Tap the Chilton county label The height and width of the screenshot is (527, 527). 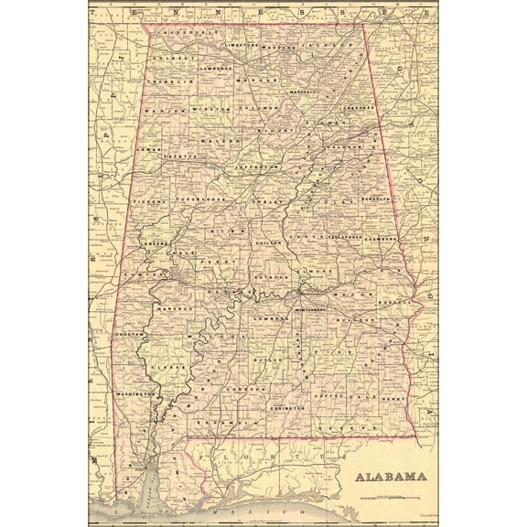pos(265,242)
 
